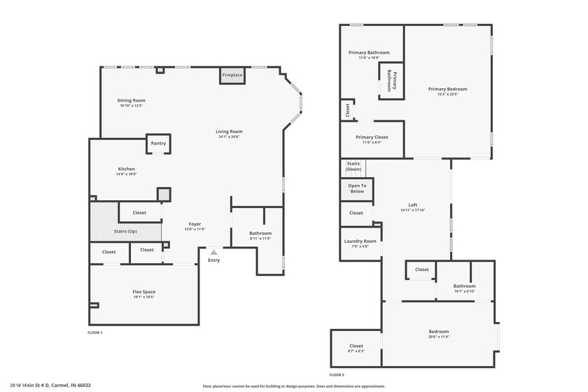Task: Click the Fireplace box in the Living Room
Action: point(232,75)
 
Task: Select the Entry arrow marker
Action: point(213,252)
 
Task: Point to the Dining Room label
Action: point(131,101)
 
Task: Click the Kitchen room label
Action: point(126,169)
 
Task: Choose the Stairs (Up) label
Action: point(125,231)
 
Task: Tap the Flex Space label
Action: point(143,292)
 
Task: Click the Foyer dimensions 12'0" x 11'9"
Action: point(194,229)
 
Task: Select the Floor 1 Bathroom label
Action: point(260,233)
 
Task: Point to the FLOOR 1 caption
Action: point(94,332)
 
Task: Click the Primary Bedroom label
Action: point(447,89)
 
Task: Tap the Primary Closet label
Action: point(371,137)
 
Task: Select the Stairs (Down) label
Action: point(353,167)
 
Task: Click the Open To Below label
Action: point(357,188)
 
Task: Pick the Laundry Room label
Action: point(360,241)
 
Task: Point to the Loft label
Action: point(412,205)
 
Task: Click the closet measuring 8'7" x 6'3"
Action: point(356,348)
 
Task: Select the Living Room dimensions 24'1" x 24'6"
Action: point(229,136)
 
